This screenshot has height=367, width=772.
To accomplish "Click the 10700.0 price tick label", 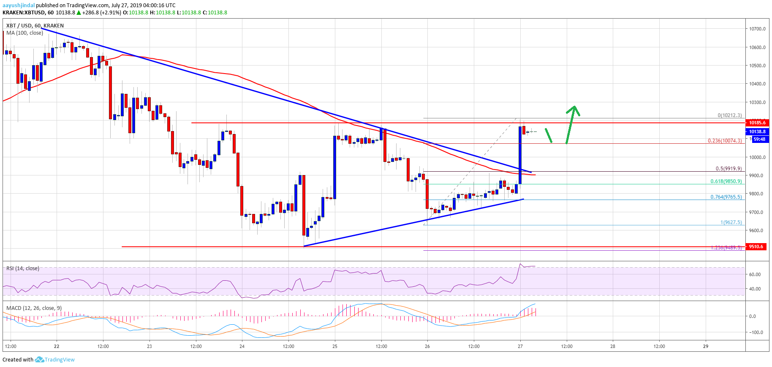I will tap(757, 29).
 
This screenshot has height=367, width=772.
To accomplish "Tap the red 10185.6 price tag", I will tap(757, 123).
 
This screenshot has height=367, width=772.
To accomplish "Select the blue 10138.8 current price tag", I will tap(757, 131).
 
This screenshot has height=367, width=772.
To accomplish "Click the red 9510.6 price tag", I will tap(756, 246).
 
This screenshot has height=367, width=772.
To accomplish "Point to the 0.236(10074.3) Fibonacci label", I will tap(725, 141).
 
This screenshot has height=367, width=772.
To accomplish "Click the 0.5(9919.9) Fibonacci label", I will tap(729, 169).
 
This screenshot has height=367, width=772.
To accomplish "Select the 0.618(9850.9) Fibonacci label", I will tap(726, 181).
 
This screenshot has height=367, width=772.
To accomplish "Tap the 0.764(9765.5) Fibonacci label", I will tap(726, 197).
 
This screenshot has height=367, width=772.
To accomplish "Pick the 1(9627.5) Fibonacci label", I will tap(731, 222).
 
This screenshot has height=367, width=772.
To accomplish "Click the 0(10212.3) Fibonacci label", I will tap(729, 115).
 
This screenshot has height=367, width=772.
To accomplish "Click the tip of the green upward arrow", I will tap(574, 106).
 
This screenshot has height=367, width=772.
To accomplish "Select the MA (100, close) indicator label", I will tap(24, 33).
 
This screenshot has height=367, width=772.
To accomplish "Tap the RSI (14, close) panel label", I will tap(23, 268).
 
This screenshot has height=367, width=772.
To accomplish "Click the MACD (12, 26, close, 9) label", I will tap(34, 308).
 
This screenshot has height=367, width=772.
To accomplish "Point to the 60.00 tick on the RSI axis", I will tap(755, 274).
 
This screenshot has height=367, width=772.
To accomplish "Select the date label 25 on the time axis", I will tap(335, 346).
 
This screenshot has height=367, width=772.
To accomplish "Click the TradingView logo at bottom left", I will tap(55, 360).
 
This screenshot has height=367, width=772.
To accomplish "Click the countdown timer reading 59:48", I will tap(759, 139).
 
